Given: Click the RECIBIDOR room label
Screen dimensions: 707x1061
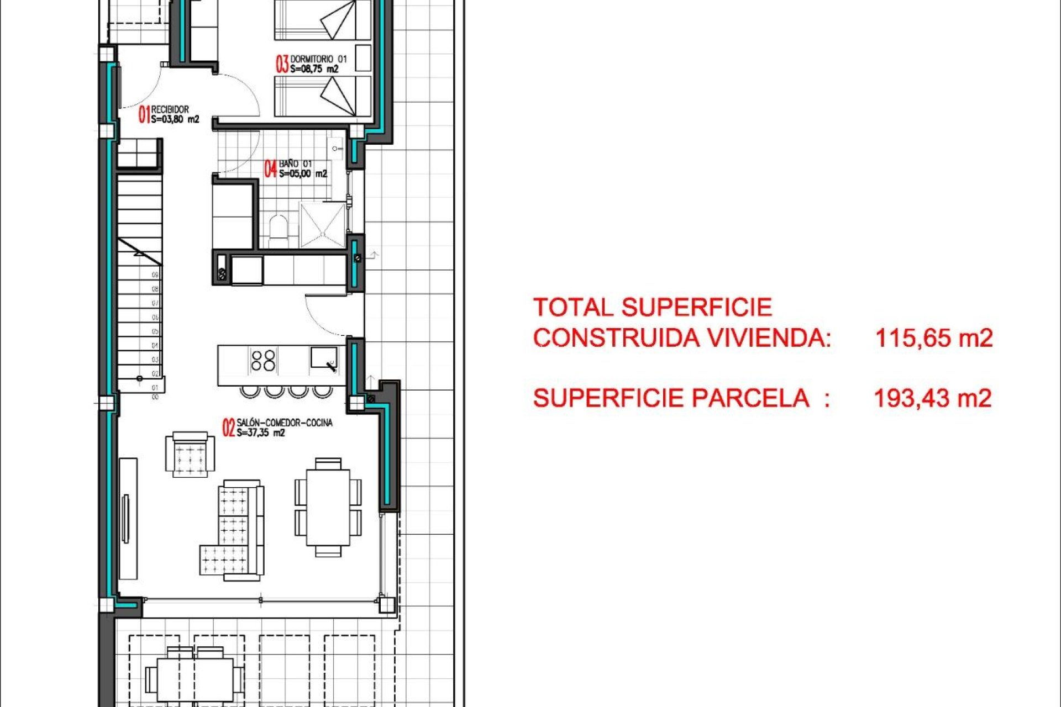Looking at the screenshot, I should point(170,109).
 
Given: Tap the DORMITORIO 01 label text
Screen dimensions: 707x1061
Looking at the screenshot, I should point(318,59).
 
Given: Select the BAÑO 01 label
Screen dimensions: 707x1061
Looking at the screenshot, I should point(295,163).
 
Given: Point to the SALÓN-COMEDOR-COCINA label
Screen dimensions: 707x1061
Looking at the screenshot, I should point(285,423).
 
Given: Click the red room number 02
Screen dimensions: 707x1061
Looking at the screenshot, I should point(229,428).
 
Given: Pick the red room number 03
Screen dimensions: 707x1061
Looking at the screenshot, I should point(282,64).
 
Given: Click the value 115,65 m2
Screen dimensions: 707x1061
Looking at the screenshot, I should point(933,337).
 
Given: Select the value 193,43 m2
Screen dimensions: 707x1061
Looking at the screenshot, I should point(932,398).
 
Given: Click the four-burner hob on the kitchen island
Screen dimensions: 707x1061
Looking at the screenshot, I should point(263,360).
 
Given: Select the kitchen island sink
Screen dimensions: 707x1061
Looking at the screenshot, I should point(323,358).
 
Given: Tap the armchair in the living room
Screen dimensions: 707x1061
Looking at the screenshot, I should point(190,454).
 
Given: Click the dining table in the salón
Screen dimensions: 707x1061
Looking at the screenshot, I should point(328,507).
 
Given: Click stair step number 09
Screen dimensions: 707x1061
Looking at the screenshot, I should point(155,275).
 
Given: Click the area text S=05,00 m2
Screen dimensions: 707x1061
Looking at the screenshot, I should point(303,173).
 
